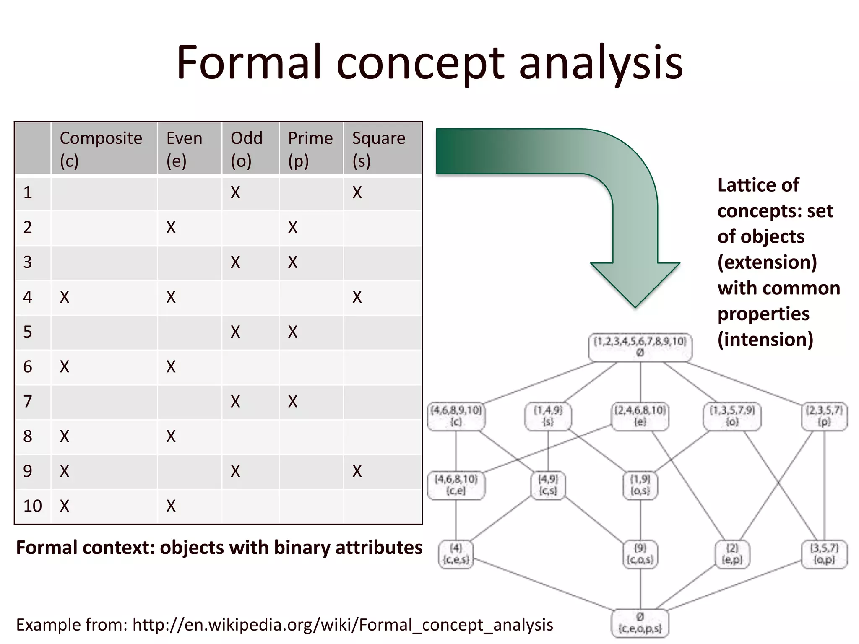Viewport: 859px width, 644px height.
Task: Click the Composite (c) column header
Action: coord(101,149)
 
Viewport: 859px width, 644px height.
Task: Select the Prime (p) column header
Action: coord(310,149)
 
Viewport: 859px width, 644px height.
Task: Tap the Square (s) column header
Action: coord(378,149)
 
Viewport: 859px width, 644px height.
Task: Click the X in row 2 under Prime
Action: coord(292,228)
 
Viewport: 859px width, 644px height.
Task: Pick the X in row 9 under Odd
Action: coord(235,471)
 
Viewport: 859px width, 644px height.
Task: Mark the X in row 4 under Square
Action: coord(357,297)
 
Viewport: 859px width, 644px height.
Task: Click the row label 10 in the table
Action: coord(32,506)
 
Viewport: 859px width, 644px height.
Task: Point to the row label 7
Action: coord(28,402)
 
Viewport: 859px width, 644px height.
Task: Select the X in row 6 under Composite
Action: coord(64,367)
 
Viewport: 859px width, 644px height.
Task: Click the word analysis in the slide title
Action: coord(601,63)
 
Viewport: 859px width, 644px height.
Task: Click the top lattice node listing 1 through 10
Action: coord(640,347)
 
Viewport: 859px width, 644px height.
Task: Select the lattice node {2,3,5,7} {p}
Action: coord(824,416)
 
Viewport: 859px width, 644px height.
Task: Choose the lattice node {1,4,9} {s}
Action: coord(548,416)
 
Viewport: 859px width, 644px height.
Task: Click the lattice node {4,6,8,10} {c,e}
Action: coord(456,485)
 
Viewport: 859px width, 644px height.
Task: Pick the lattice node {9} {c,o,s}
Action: coord(640,554)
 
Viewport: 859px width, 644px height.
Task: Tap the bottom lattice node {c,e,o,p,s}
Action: coord(640,623)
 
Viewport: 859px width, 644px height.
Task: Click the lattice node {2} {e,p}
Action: coord(732,554)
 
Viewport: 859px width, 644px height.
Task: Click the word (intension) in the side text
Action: coord(765,340)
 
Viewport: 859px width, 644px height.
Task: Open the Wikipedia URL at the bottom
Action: coord(342,625)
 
